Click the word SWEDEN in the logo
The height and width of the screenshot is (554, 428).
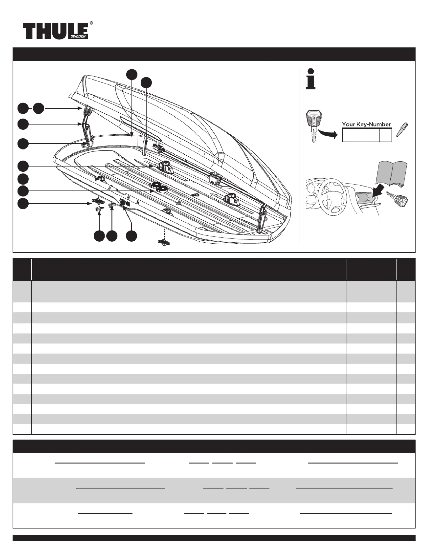point(78,36)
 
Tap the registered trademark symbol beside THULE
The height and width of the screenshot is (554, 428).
point(91,23)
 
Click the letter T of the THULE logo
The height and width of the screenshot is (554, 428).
point(29,31)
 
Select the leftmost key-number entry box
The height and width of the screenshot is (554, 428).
point(349,135)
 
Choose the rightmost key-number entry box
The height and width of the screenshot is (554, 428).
point(386,135)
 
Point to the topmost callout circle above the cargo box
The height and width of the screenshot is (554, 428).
point(132,74)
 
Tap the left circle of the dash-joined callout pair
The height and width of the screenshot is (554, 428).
point(23,108)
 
